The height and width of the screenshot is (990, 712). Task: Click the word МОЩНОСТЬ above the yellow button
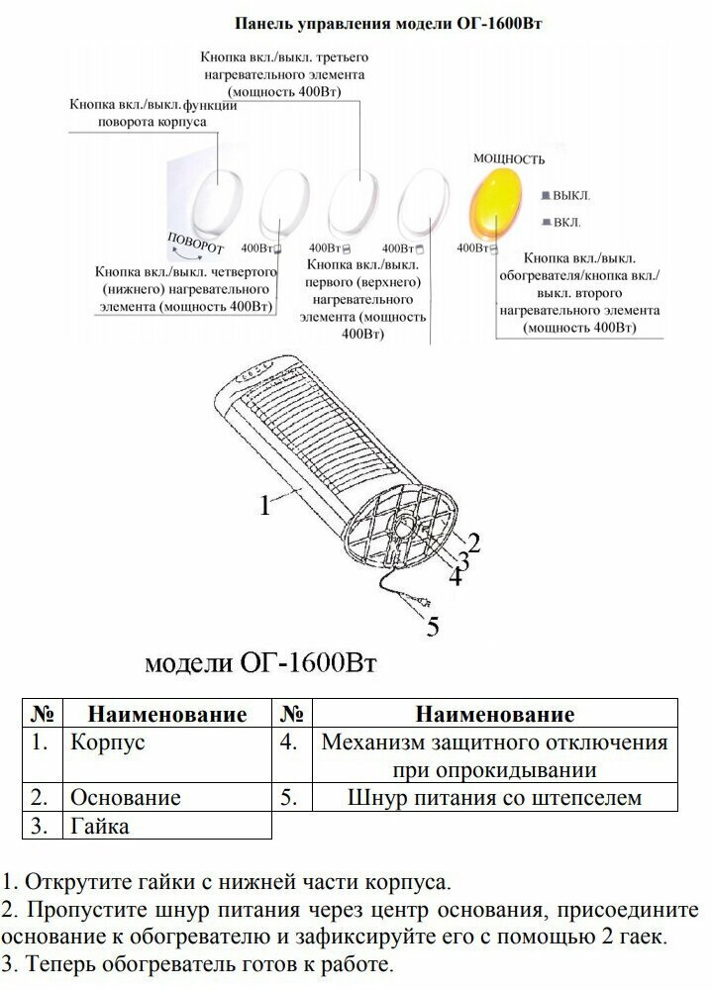point(509,157)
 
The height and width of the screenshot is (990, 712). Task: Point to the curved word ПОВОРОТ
point(195,242)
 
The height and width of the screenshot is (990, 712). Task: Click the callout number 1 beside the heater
point(265,506)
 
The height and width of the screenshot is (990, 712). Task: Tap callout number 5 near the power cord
point(433,626)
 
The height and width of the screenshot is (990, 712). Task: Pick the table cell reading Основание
point(125,796)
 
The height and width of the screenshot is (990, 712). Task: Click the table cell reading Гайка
point(99,824)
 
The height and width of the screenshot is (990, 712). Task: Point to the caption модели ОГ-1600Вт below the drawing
point(260,661)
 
